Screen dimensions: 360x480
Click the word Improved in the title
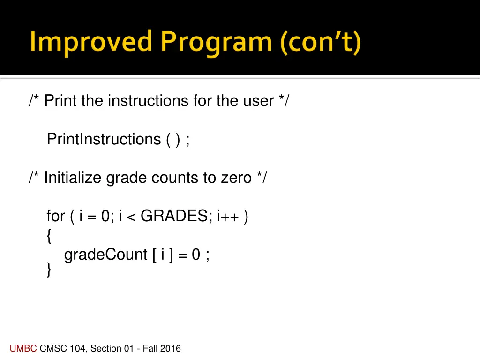point(90,42)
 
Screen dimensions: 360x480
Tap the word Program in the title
point(216,43)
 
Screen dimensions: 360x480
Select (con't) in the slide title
point(321,43)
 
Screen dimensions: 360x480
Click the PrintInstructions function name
point(104,139)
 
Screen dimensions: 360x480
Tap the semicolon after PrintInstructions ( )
point(187,140)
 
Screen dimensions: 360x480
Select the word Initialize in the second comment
point(74,178)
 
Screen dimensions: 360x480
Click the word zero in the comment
point(236,178)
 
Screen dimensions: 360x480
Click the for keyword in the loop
point(56,216)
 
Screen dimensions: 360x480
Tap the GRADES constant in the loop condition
point(177,216)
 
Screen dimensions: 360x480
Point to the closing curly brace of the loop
point(49,270)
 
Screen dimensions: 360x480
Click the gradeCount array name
point(105,255)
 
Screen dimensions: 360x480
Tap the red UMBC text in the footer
point(23,348)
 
